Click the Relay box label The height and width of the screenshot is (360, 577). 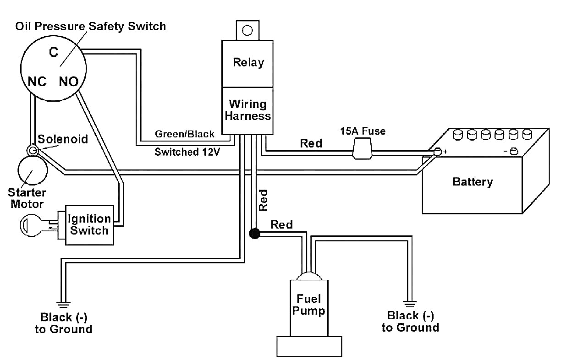click(x=248, y=62)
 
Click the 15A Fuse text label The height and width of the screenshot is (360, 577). click(x=363, y=131)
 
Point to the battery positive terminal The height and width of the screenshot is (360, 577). click(x=438, y=152)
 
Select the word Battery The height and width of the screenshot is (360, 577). click(x=473, y=182)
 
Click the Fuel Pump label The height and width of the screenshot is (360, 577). click(x=308, y=305)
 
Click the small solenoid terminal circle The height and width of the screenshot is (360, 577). click(x=32, y=150)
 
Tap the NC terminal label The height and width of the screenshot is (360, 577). click(x=37, y=82)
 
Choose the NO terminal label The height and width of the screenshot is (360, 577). click(x=68, y=82)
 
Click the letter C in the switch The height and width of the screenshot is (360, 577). click(x=53, y=53)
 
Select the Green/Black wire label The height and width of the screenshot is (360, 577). click(x=184, y=134)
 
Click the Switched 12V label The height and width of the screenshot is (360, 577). click(x=187, y=152)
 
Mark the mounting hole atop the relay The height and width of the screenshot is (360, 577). click(x=247, y=30)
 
